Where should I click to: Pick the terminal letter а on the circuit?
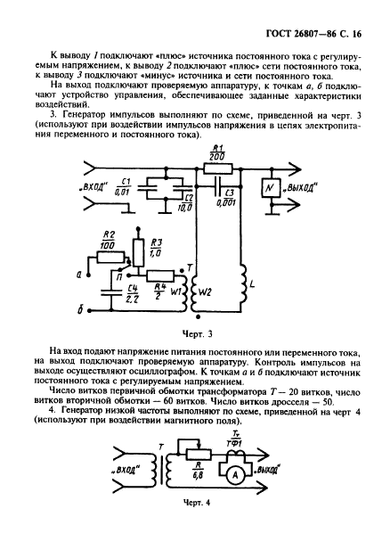79,276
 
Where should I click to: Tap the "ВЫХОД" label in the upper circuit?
300,190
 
